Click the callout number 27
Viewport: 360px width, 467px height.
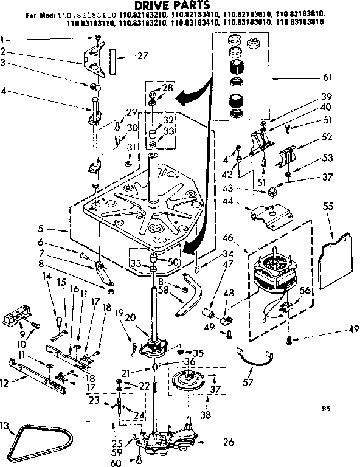pyautogui.click(x=142, y=55)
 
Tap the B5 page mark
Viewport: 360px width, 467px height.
pyautogui.click(x=326, y=409)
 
